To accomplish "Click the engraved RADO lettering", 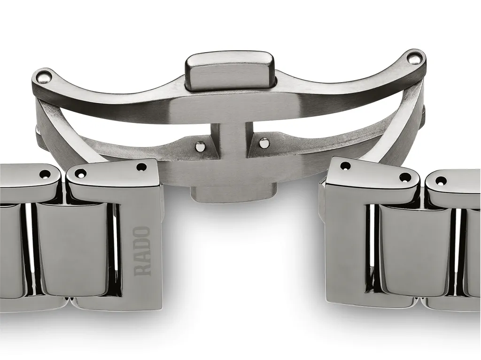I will [x=143, y=251].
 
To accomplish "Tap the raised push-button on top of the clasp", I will [x=230, y=70].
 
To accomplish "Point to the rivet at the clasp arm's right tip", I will [x=414, y=57].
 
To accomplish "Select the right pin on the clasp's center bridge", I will [x=264, y=142].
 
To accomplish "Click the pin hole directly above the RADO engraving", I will [x=140, y=167].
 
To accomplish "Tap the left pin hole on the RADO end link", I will [x=80, y=173].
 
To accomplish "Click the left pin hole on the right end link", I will [x=345, y=166].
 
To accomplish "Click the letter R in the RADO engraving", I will [x=143, y=269].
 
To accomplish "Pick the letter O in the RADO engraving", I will [x=143, y=233].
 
